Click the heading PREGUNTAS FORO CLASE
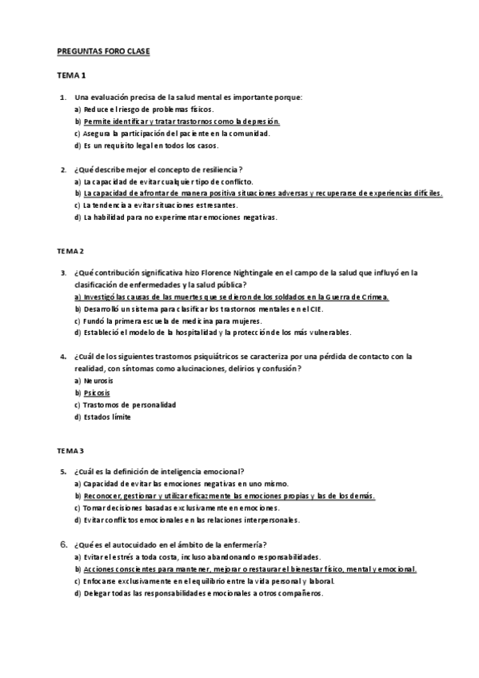pyautogui.click(x=103, y=52)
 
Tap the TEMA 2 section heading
pyautogui.click(x=71, y=250)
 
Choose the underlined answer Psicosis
pyautogui.click(x=97, y=393)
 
